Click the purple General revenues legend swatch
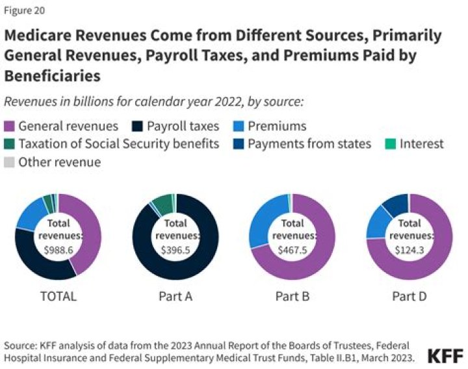(10, 126)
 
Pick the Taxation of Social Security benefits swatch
(10, 144)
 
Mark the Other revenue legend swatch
(10, 162)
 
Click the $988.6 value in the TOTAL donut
(58, 249)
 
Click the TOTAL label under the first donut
(58, 296)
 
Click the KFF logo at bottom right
(445, 355)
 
